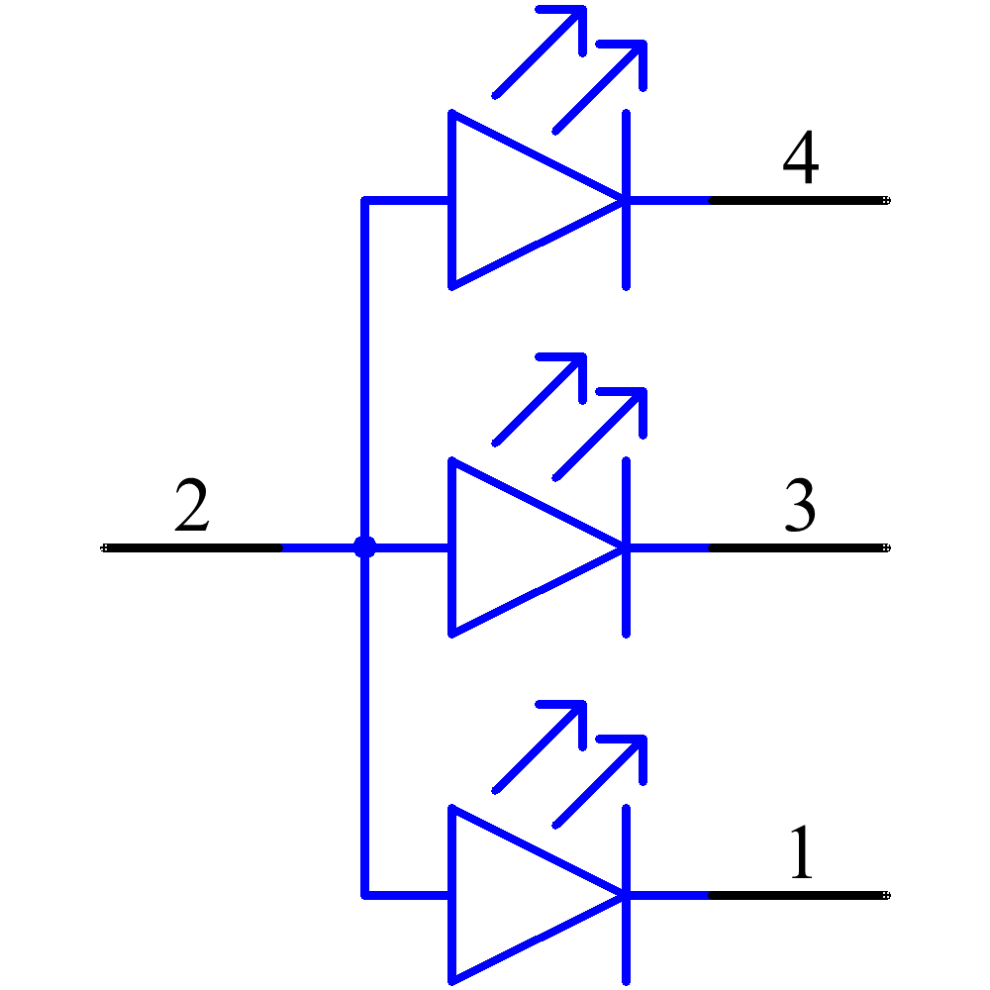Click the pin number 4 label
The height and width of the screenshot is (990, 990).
800,159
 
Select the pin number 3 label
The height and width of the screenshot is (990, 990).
800,505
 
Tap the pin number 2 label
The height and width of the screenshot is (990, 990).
191,505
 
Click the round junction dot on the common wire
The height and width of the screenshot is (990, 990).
365,546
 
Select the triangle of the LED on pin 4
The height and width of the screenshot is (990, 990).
515,200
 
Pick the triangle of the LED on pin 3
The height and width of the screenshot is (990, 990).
515,546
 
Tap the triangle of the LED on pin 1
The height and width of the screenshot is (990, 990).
515,894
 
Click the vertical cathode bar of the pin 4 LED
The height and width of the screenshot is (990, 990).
627,247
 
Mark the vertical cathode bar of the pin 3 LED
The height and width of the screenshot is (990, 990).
627,594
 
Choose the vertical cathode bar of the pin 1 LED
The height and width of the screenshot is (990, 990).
627,940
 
